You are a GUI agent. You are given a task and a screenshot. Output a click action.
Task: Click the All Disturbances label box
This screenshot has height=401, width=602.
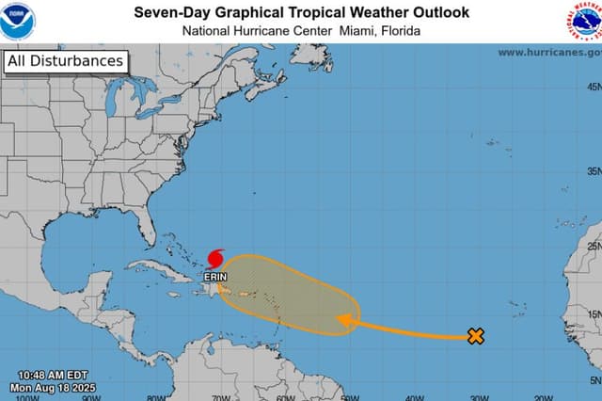pyautogui.click(x=65, y=62)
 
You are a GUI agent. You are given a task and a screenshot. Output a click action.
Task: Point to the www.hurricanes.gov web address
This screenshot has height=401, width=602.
pyautogui.click(x=548, y=53)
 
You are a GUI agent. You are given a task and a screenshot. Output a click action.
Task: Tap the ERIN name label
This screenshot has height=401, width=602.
pyautogui.click(x=215, y=278)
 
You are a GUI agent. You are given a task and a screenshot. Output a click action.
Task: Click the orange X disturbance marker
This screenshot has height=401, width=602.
pyautogui.click(x=476, y=336)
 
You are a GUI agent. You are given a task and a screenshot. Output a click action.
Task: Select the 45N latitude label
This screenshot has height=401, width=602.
pyautogui.click(x=594, y=87)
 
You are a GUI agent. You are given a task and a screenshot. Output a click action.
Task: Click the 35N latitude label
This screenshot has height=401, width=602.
pyautogui.click(x=594, y=171)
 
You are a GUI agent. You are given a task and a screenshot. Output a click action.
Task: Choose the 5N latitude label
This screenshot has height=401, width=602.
pyautogui.click(x=594, y=380)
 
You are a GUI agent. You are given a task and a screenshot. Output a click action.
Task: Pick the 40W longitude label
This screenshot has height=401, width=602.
pyautogui.click(x=413, y=397)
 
